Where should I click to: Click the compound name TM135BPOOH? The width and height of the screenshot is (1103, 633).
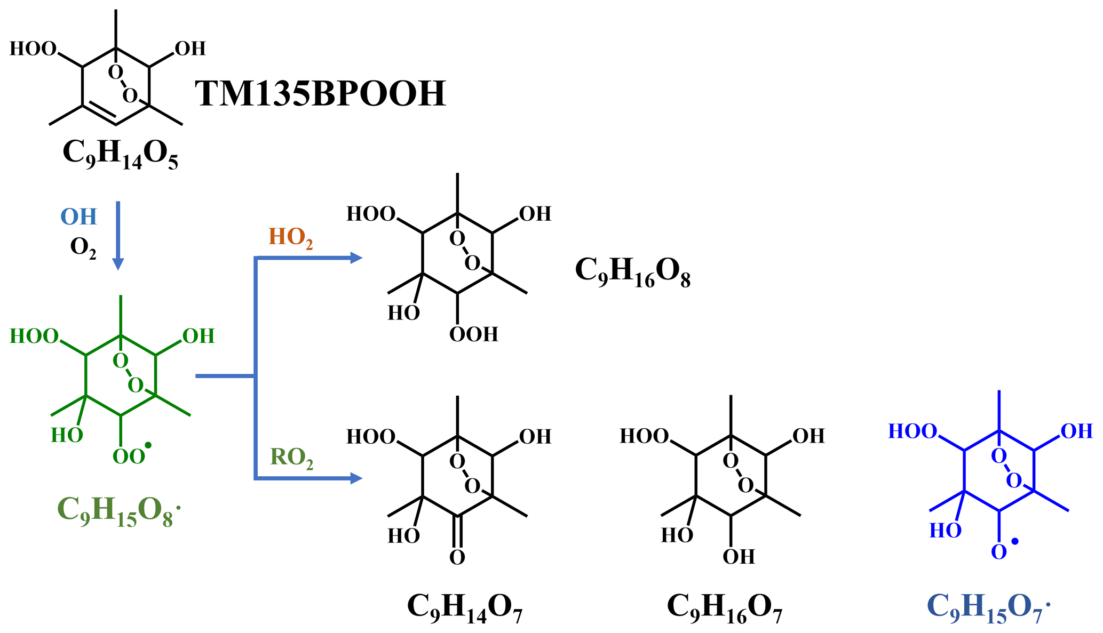tap(320, 94)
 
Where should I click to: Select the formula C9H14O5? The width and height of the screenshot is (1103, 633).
tap(120, 155)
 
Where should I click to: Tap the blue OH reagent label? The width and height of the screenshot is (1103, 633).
tap(78, 217)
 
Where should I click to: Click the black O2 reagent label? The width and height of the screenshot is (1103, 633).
tap(83, 247)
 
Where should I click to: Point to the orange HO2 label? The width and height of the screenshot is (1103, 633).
tap(290, 237)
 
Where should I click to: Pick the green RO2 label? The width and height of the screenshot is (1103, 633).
tap(291, 458)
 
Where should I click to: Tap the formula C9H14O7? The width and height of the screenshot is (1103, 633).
tap(464, 608)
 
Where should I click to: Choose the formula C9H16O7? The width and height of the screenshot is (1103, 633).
tap(724, 608)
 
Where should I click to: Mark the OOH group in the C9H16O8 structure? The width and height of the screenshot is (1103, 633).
tap(473, 334)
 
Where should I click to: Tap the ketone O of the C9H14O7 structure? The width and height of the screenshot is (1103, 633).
tap(457, 557)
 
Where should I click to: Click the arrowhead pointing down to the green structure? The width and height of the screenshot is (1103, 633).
tap(118, 264)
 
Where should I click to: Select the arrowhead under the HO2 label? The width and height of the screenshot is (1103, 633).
tap(356, 258)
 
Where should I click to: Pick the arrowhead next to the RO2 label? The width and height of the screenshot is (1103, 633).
tap(356, 478)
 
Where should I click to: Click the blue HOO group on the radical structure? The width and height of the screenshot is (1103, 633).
tap(912, 431)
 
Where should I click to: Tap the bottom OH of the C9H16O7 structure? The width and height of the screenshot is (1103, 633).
tap(739, 557)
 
